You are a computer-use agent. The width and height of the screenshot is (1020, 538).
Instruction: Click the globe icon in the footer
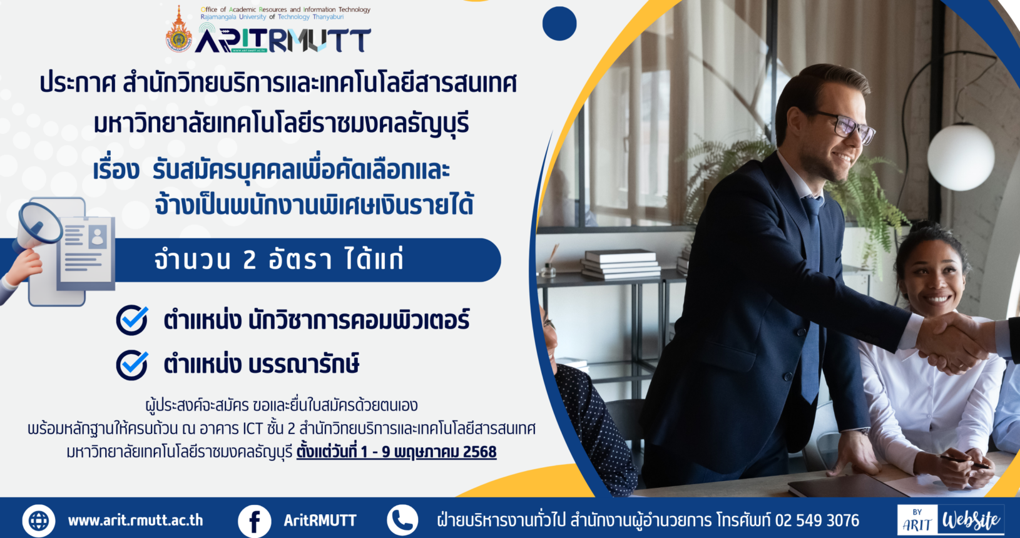click(x=39, y=520)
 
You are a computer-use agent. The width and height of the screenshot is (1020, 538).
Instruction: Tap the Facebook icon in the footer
click(x=255, y=520)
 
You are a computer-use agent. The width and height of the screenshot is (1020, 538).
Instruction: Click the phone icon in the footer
click(x=402, y=520)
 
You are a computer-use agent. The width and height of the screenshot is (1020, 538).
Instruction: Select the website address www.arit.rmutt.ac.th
click(x=135, y=520)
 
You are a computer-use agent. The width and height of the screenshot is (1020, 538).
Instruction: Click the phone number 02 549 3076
click(x=817, y=520)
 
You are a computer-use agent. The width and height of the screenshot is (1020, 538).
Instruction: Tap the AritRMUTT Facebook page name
click(x=320, y=520)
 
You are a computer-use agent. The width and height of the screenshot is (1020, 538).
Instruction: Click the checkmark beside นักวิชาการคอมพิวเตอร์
click(x=132, y=320)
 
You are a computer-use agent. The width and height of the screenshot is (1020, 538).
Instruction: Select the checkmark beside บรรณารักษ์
click(x=132, y=365)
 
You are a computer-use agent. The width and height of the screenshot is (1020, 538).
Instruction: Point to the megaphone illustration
click(x=36, y=228)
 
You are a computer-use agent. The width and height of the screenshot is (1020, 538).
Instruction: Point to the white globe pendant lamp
click(x=961, y=157)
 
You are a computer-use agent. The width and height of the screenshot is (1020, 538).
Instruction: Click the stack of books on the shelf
click(x=621, y=264)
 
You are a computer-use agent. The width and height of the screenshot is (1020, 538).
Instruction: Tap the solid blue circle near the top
click(x=559, y=23)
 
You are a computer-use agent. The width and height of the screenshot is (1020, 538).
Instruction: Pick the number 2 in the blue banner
click(x=249, y=260)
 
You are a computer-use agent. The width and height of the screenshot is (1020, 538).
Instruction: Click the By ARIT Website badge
click(x=951, y=519)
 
